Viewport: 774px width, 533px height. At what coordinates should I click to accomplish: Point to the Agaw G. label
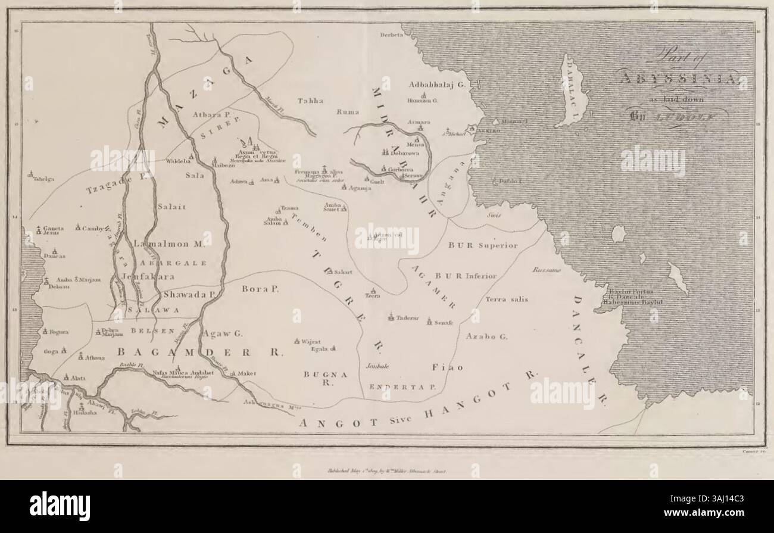(x=221, y=334)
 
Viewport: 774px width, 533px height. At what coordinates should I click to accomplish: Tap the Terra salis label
(x=504, y=300)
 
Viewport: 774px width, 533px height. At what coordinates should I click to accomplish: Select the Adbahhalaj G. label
(x=437, y=85)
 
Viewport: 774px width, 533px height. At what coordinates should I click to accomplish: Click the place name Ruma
(x=347, y=111)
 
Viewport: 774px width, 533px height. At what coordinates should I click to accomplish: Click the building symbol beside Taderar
(x=391, y=317)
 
